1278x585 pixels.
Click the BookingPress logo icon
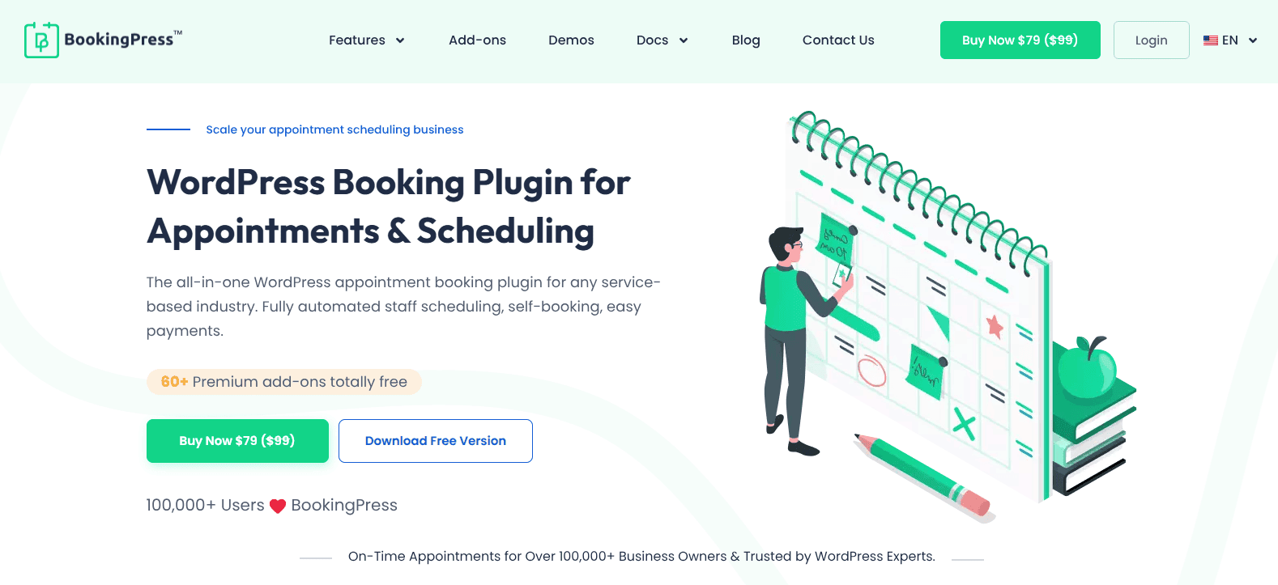[x=41, y=40]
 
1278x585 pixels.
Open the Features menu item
[x=366, y=40]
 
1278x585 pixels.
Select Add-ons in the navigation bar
[x=477, y=40]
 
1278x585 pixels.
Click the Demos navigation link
[x=571, y=40]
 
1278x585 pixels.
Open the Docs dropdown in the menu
[x=662, y=40]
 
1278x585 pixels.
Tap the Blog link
[x=746, y=40]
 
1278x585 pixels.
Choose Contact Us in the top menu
[x=838, y=40]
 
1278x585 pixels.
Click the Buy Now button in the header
[x=1020, y=40]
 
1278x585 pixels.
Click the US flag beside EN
[x=1210, y=40]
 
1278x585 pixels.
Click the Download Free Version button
[x=436, y=441]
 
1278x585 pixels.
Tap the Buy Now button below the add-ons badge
[x=237, y=441]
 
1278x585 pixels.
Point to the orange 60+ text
[x=174, y=381]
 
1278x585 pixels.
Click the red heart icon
[x=277, y=507]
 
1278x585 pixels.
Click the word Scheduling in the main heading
[x=505, y=231]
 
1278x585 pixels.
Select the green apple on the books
[x=1087, y=368]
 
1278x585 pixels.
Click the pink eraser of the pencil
[x=978, y=503]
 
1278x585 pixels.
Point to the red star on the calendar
[x=995, y=327]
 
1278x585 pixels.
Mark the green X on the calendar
[x=964, y=424]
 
